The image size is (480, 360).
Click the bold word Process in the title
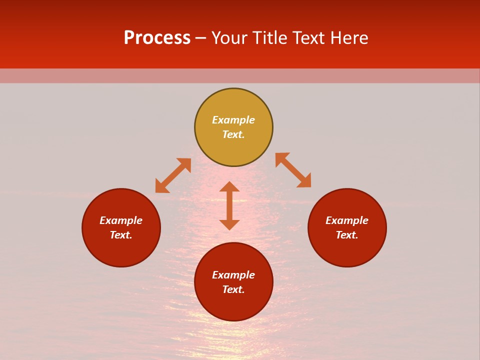point(157,38)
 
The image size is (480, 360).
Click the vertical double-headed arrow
point(229,205)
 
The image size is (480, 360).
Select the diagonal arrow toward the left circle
point(173,175)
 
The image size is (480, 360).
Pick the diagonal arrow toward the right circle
point(293,170)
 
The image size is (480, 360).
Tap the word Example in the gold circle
point(233,120)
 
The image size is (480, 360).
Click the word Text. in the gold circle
point(233,134)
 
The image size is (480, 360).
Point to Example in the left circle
point(121,220)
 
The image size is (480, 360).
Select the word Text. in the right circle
point(347,235)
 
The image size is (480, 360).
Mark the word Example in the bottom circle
point(233,275)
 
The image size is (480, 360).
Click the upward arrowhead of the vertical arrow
point(229,186)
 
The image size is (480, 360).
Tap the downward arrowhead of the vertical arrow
point(229,225)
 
